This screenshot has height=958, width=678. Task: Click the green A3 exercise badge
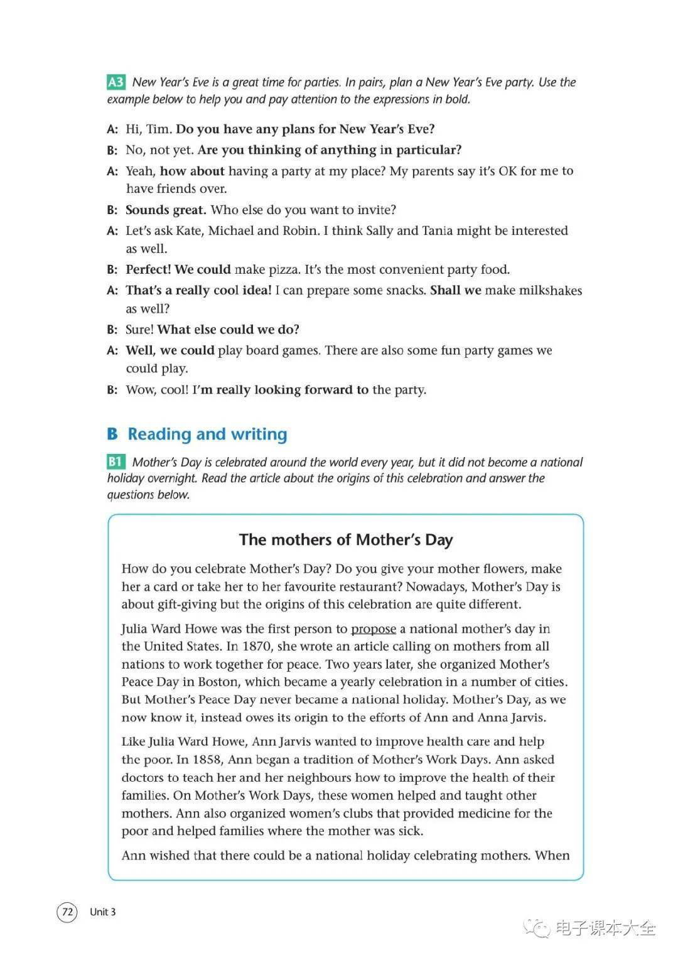(116, 82)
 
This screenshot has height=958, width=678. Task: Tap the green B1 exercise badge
(116, 462)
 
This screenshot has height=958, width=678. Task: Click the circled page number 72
(67, 912)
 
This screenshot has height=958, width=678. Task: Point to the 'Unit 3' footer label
(102, 912)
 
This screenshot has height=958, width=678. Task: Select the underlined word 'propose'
(374, 628)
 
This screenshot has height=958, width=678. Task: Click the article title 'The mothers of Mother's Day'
(346, 540)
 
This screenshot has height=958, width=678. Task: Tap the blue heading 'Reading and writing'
(207, 434)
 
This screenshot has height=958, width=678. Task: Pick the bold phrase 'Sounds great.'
(166, 210)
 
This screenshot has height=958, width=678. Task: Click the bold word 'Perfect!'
(148, 270)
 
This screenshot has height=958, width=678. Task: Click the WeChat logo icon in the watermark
(538, 927)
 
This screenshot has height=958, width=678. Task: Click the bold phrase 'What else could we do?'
(229, 330)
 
